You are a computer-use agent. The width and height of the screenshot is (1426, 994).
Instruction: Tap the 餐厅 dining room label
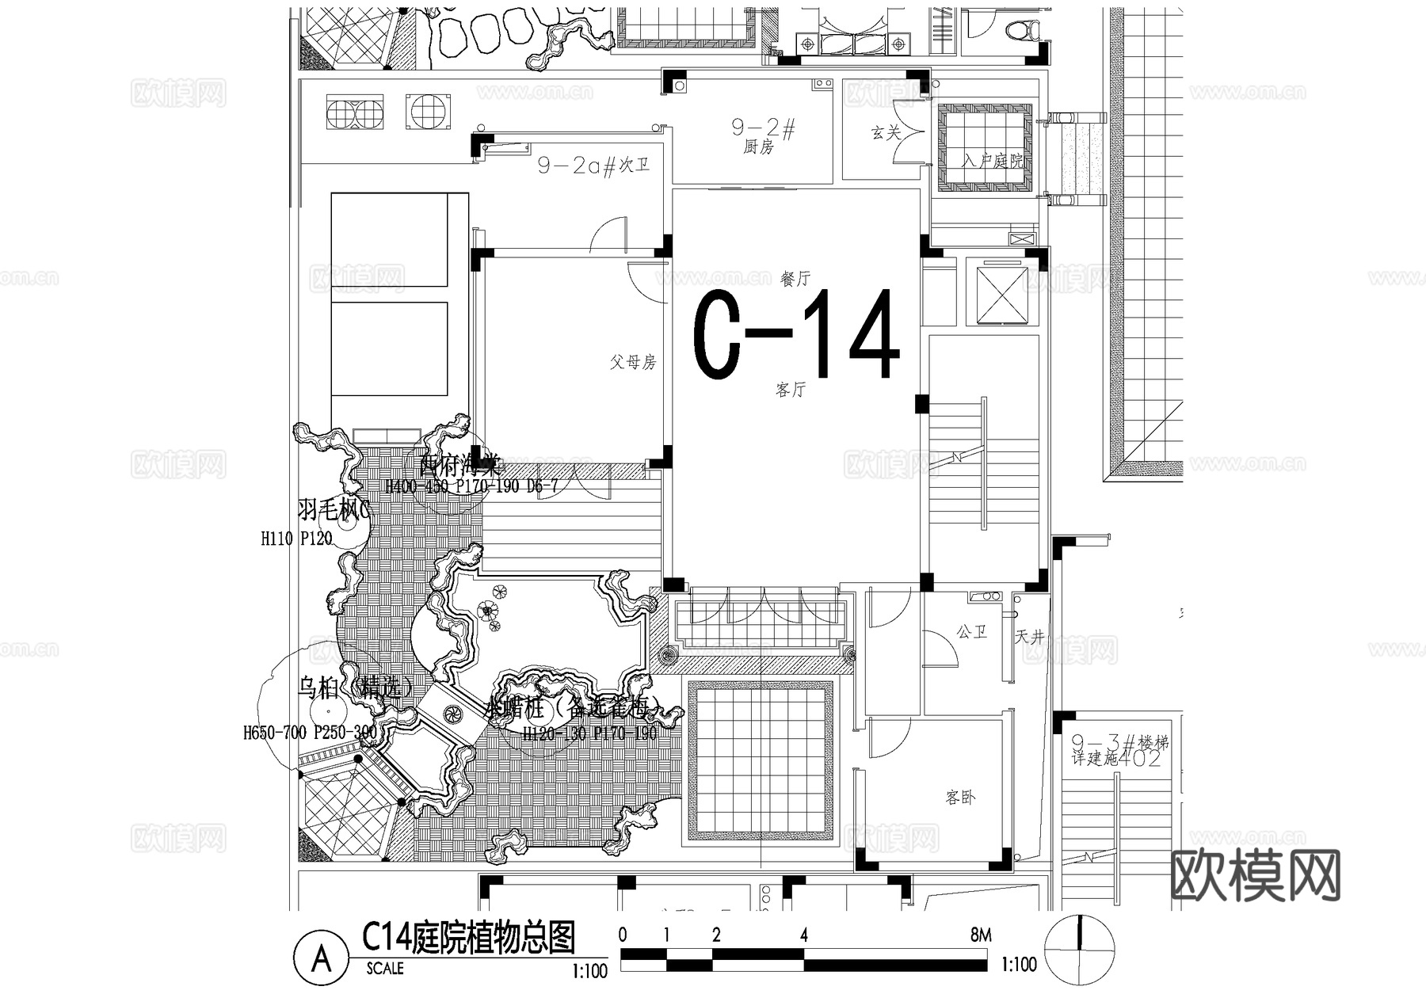pos(795,279)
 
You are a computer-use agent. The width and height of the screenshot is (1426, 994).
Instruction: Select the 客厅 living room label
pos(790,390)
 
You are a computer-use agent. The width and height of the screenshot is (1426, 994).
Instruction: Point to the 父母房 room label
pos(632,363)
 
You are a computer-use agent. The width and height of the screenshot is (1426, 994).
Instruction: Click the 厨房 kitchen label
pos(758,147)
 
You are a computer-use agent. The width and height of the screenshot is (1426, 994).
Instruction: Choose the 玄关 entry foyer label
pos(886,133)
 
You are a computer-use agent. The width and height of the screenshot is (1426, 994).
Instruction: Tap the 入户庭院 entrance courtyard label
pos(992,161)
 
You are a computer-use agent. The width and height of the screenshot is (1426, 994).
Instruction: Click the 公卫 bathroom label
pos(971,632)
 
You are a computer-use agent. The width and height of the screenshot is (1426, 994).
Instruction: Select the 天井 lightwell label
pos(1029,636)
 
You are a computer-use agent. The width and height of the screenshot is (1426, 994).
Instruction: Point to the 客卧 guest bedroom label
pos(960,798)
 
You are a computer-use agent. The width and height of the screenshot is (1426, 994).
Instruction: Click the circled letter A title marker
pos(321,959)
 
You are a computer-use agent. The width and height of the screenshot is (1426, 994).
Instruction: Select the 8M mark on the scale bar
pos(980,935)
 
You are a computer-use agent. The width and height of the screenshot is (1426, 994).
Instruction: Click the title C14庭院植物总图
pos(468,939)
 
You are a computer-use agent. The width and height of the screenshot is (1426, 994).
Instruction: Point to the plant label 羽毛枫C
pos(334,509)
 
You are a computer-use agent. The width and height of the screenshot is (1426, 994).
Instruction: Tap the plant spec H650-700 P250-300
pos(310,733)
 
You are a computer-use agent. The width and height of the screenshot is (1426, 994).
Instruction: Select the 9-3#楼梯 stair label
pos(1119,744)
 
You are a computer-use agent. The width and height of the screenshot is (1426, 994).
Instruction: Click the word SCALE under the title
pos(385,968)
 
